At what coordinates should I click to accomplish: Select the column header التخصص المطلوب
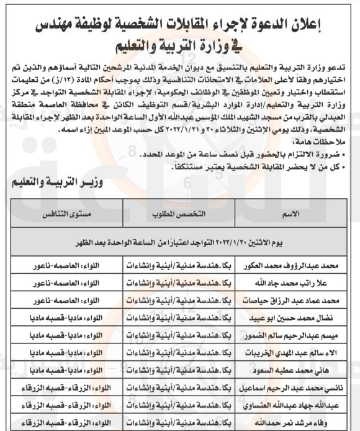[x=179, y=214]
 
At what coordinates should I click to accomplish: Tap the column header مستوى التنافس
[x=66, y=214]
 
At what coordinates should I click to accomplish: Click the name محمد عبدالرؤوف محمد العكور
[x=299, y=266]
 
